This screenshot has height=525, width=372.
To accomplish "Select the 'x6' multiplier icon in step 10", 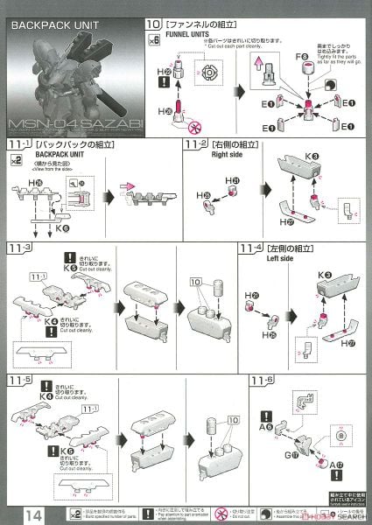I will [154, 40].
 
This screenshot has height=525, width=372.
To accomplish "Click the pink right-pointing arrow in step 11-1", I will [127, 185].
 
